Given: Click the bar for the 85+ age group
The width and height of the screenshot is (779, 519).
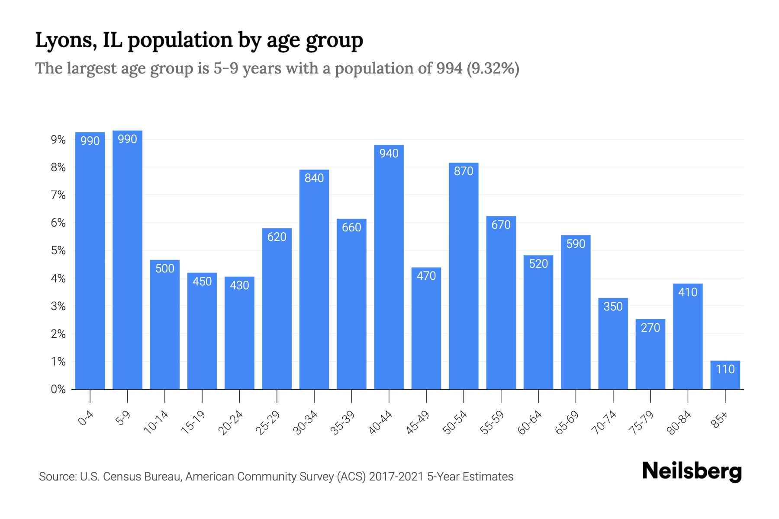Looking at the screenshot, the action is tap(725, 375).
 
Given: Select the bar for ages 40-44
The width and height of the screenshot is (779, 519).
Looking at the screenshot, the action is tap(389, 268).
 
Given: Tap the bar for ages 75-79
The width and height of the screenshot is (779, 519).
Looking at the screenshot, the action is tap(650, 355).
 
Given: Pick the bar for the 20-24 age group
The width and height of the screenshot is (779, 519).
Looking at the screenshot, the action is tap(239, 333).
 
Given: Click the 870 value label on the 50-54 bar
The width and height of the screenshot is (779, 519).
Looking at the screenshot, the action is tap(464, 171).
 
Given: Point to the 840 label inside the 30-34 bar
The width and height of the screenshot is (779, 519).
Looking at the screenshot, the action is tap(314, 178).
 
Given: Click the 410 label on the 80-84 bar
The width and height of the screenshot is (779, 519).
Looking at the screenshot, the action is tap(688, 292).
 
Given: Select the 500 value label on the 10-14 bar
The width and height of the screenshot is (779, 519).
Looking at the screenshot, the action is tap(165, 269).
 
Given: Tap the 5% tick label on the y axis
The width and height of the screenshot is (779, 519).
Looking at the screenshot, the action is tap(58, 251).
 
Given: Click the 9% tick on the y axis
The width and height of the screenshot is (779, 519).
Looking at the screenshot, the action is tap(58, 140).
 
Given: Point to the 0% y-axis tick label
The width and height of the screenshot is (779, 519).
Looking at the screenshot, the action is tap(58, 389).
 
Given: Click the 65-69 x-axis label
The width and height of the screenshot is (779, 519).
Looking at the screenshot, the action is tap(567, 423).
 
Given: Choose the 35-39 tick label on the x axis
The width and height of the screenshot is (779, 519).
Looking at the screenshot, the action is tap(343, 423).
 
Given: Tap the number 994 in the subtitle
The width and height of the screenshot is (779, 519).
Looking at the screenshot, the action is tap(449, 68).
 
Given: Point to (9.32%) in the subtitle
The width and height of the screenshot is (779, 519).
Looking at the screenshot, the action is tap(493, 68).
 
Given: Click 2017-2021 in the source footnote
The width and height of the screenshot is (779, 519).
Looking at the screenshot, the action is tap(396, 477).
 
